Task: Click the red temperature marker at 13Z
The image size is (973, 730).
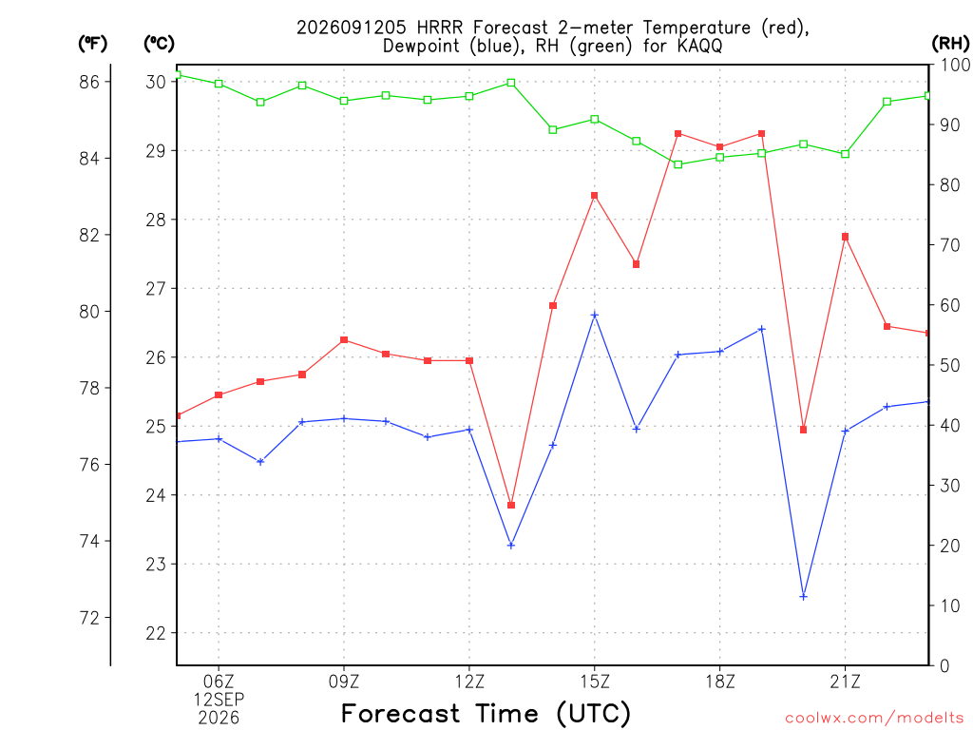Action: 511,506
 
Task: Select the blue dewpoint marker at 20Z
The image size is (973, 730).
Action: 803,597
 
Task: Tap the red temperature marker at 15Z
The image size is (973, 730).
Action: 595,196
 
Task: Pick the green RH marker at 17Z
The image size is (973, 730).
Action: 678,164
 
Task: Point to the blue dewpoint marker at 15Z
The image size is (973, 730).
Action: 595,316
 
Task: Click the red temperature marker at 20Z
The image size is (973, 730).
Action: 803,430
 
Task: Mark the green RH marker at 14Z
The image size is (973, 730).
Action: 553,129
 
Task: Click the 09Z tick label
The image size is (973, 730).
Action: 344,682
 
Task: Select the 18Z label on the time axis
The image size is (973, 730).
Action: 720,682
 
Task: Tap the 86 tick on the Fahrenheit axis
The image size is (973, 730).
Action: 89,82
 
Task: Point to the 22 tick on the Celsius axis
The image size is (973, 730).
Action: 156,633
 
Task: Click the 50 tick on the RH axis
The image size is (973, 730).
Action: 949,365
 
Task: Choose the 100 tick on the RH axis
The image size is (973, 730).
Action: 955,65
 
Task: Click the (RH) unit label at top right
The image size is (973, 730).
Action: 950,44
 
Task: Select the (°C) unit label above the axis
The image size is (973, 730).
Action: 159,44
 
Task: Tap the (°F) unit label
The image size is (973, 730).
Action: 92,44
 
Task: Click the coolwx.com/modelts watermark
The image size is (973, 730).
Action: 874,718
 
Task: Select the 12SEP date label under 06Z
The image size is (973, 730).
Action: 219,700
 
